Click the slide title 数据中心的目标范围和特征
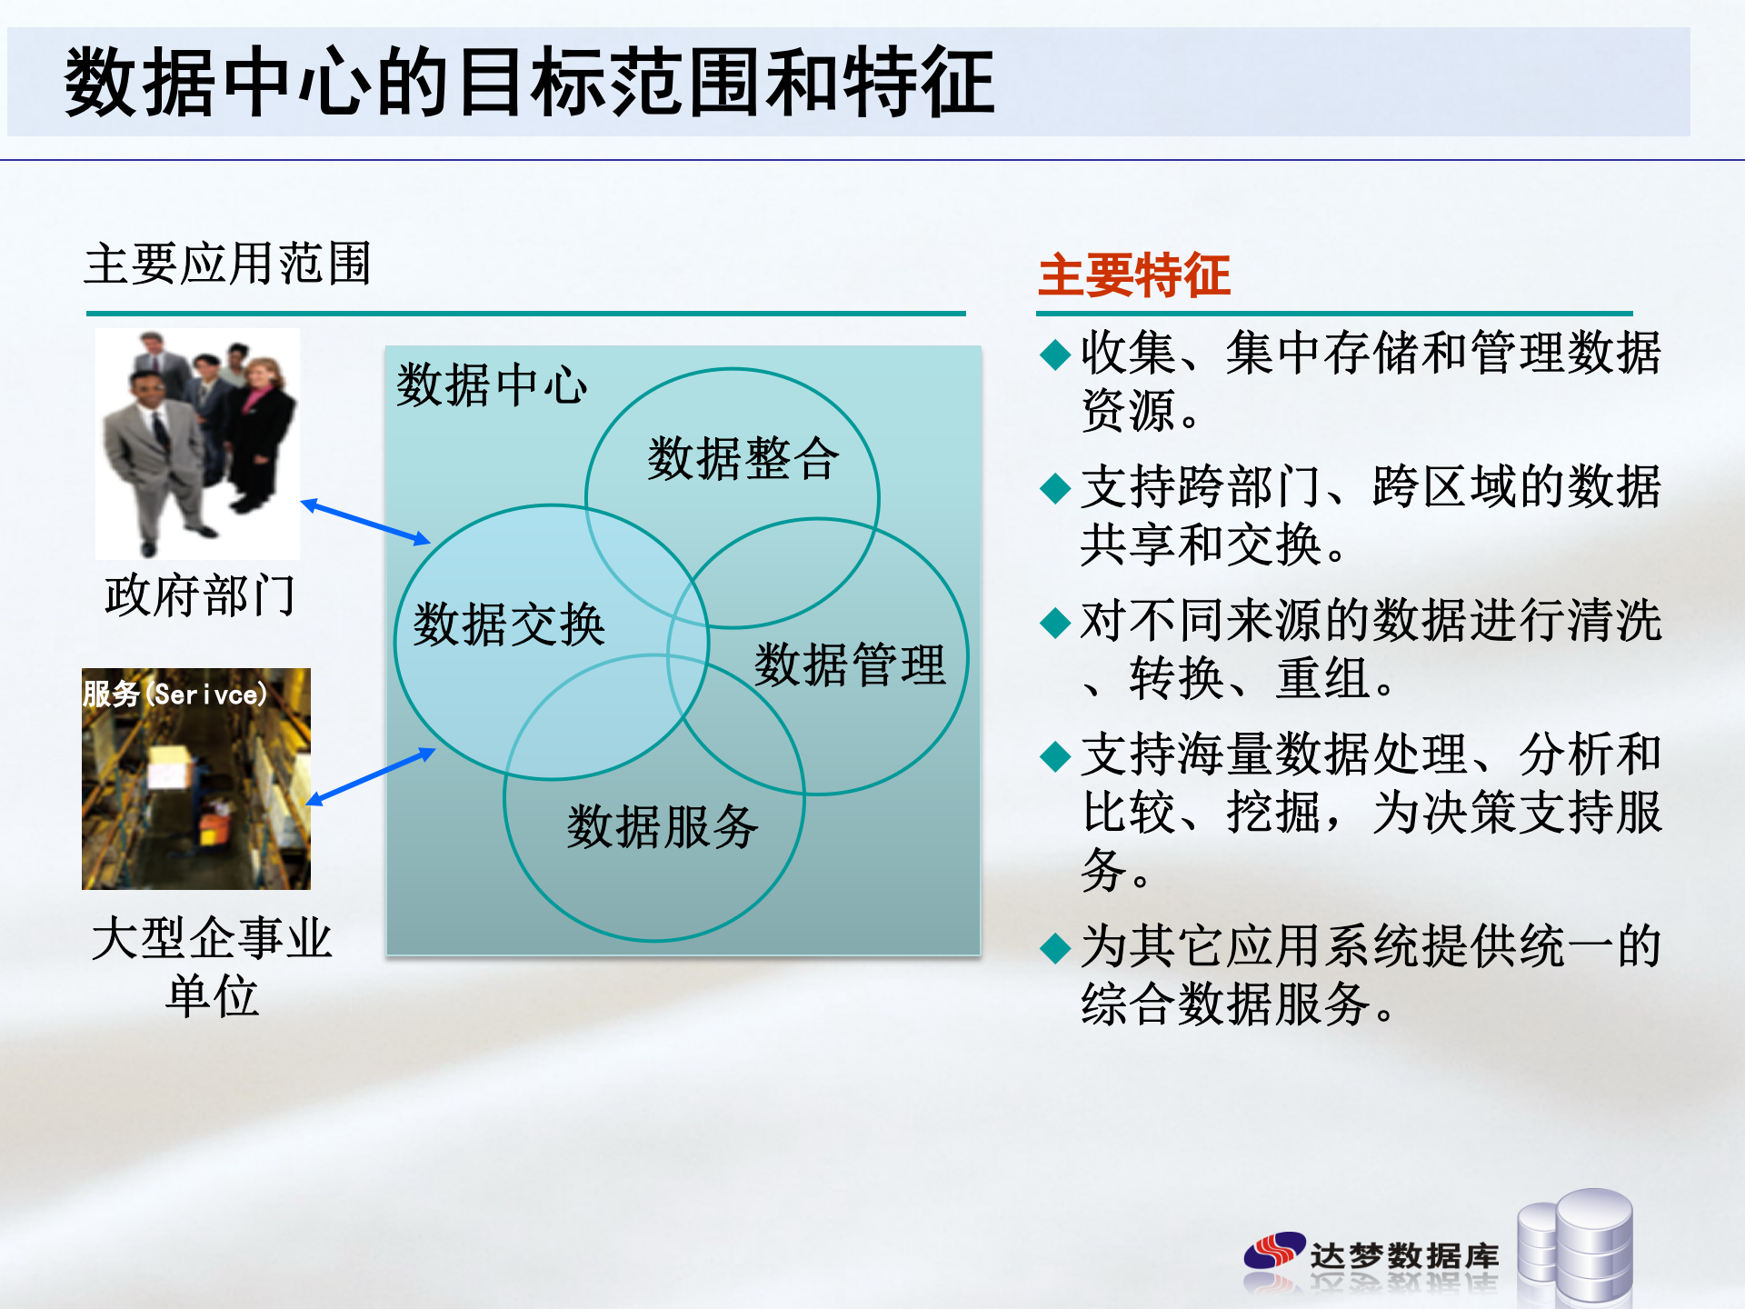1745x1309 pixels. tap(529, 84)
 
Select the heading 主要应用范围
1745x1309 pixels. tap(227, 265)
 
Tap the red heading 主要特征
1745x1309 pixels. tap(1133, 275)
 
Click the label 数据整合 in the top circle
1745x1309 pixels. tap(743, 458)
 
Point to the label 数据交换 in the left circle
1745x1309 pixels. tap(509, 625)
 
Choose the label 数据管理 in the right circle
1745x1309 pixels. tap(850, 664)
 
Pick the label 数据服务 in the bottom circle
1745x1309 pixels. tap(663, 827)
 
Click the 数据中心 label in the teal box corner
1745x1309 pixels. tap(492, 385)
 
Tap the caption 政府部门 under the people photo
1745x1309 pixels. tap(200, 596)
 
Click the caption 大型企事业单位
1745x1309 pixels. tap(212, 966)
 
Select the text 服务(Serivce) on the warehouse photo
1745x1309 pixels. tap(174, 694)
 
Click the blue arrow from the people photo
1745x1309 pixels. tap(365, 523)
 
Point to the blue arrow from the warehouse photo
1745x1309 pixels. tap(371, 776)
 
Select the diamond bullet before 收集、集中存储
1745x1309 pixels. tap(1055, 354)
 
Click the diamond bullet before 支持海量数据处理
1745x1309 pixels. tap(1055, 755)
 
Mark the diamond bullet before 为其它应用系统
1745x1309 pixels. tap(1055, 947)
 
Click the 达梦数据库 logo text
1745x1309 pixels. tap(1403, 1256)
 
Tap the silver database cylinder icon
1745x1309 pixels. tap(1581, 1245)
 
